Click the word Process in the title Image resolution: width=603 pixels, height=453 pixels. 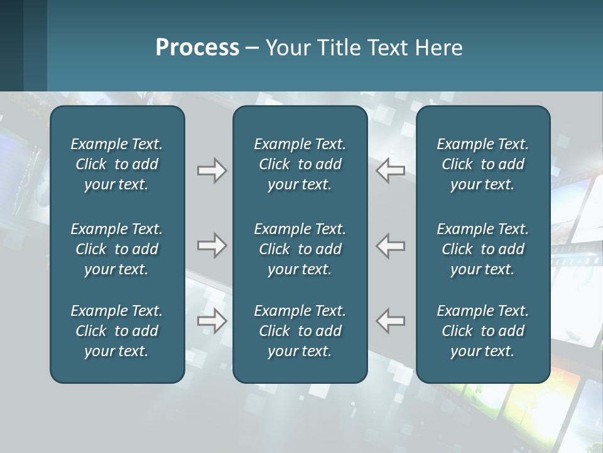[197, 48]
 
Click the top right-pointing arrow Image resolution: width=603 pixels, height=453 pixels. [212, 171]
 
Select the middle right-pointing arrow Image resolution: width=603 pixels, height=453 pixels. [212, 245]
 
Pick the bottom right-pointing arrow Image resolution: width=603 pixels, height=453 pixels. [212, 321]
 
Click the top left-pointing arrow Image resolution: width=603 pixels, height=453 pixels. [391, 171]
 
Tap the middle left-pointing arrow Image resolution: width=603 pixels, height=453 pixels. [391, 245]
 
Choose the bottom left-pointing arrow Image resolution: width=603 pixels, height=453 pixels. [391, 321]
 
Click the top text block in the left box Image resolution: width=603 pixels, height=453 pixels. [117, 164]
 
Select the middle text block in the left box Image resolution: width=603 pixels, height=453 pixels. [117, 249]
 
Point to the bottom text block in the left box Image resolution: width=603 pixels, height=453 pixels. [117, 331]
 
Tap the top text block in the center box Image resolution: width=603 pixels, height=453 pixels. [300, 164]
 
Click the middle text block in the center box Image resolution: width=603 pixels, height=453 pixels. [300, 249]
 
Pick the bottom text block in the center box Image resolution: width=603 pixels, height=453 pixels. [300, 331]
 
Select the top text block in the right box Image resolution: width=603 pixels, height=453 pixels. [483, 164]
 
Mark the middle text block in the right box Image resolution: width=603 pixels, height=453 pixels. [483, 249]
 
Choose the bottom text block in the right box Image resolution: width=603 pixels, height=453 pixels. [483, 331]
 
